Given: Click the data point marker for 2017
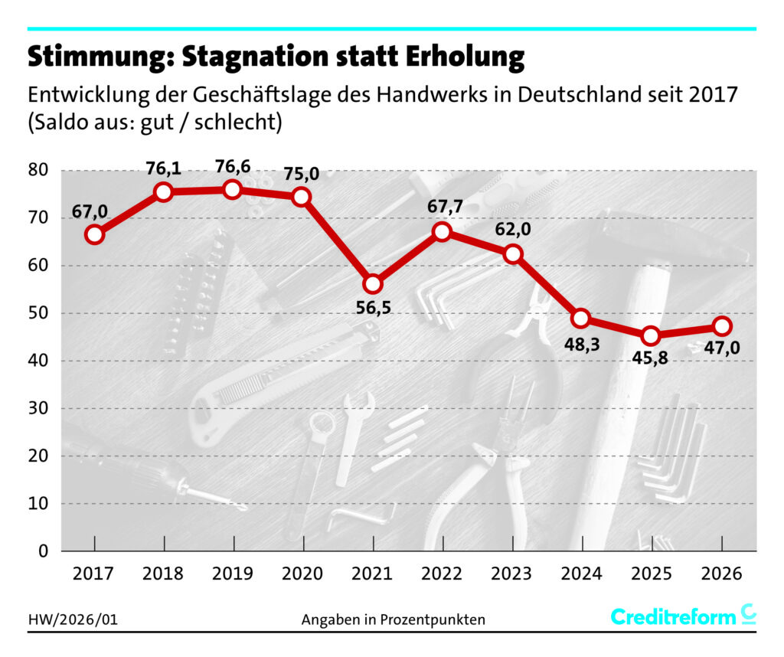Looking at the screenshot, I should point(94,234).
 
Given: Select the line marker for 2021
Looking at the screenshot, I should point(373,284).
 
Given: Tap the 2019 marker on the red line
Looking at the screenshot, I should point(233,189).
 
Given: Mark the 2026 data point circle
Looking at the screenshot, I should point(721,325).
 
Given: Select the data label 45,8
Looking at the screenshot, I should point(650,356).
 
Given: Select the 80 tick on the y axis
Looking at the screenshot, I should point(39,170).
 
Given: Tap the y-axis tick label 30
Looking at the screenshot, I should point(39,408).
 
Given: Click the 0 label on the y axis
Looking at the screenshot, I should point(44,551).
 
